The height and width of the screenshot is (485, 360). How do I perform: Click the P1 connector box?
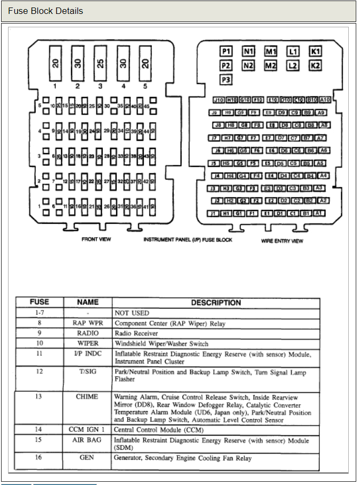click(x=226, y=51)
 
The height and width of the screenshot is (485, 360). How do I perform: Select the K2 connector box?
click(x=316, y=65)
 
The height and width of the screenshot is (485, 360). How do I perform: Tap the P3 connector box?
click(x=226, y=79)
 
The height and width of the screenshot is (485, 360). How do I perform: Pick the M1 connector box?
click(x=271, y=51)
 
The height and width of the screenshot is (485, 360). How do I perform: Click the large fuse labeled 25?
click(x=100, y=63)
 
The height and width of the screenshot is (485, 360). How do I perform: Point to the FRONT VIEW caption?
click(x=96, y=239)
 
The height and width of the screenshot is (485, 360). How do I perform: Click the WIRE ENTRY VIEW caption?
click(x=282, y=241)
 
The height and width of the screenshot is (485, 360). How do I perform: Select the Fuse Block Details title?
click(x=45, y=11)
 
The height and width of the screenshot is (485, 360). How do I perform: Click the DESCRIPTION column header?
click(x=216, y=302)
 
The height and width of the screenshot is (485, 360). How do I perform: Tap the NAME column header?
click(x=87, y=302)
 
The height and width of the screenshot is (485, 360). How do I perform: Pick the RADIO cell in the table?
click(x=87, y=333)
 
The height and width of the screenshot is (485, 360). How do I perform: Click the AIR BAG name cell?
click(x=87, y=440)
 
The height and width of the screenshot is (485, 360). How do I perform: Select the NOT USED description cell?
click(x=132, y=313)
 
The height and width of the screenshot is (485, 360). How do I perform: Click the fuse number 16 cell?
click(x=39, y=458)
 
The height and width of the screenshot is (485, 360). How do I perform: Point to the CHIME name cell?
click(x=87, y=397)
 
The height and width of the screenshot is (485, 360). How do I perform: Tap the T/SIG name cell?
click(x=87, y=371)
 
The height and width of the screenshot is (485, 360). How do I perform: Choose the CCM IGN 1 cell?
click(x=87, y=429)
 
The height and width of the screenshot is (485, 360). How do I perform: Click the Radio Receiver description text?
click(x=136, y=333)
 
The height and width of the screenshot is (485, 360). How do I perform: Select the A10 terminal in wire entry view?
click(x=325, y=100)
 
